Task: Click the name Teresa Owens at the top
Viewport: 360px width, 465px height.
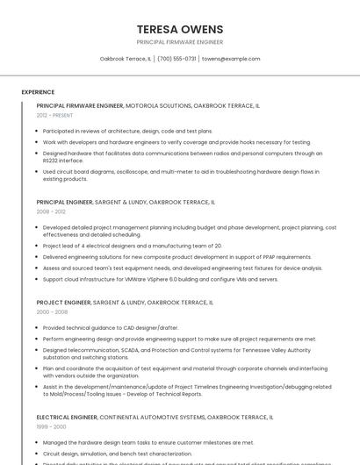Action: tap(180, 29)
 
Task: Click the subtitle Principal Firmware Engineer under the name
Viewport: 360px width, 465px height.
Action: tap(180, 42)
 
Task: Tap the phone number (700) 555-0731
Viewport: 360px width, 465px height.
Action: tap(176, 59)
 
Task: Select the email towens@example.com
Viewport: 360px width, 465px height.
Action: tap(231, 59)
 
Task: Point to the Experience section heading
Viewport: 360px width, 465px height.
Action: tap(38, 92)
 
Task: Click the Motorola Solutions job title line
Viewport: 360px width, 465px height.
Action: tap(148, 105)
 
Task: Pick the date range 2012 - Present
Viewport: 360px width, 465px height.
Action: tap(54, 115)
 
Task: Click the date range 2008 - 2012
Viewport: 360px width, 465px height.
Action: tap(51, 211)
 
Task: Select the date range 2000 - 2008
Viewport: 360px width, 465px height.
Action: tap(52, 311)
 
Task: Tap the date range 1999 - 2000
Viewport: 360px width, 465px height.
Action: tap(51, 426)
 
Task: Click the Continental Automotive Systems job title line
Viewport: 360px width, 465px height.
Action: tap(155, 418)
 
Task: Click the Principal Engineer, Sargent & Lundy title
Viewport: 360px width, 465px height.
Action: tap(126, 202)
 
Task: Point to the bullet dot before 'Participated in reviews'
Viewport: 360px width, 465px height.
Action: tap(37, 132)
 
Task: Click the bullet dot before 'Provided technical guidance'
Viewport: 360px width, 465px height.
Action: tap(37, 328)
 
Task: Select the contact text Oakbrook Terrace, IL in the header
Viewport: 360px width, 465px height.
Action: tap(126, 59)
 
